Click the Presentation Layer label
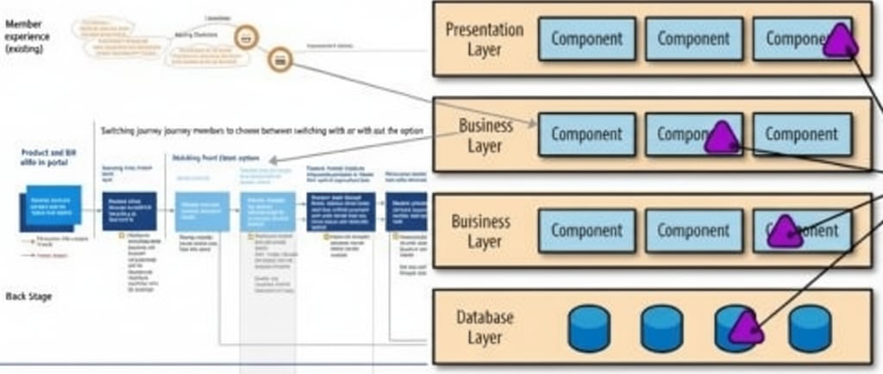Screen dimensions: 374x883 (484, 39)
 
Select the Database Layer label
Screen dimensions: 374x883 (484, 327)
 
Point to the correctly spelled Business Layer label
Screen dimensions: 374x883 (485, 135)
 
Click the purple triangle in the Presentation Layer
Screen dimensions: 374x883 (839, 41)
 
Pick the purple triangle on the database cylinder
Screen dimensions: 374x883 (746, 328)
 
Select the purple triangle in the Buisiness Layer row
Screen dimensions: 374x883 (785, 232)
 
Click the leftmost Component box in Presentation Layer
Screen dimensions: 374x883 (586, 39)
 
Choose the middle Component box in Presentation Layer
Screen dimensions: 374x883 (693, 39)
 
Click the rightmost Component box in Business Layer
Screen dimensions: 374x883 (802, 134)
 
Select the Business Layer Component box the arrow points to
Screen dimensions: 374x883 (586, 134)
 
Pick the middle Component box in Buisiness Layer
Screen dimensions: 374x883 (693, 230)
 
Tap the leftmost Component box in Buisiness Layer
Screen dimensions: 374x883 (586, 230)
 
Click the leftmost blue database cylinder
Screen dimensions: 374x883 (589, 328)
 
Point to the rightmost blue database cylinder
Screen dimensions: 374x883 (811, 328)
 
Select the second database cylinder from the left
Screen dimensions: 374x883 (662, 328)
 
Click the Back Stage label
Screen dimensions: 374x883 (29, 296)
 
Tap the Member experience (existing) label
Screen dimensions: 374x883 (27, 37)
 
